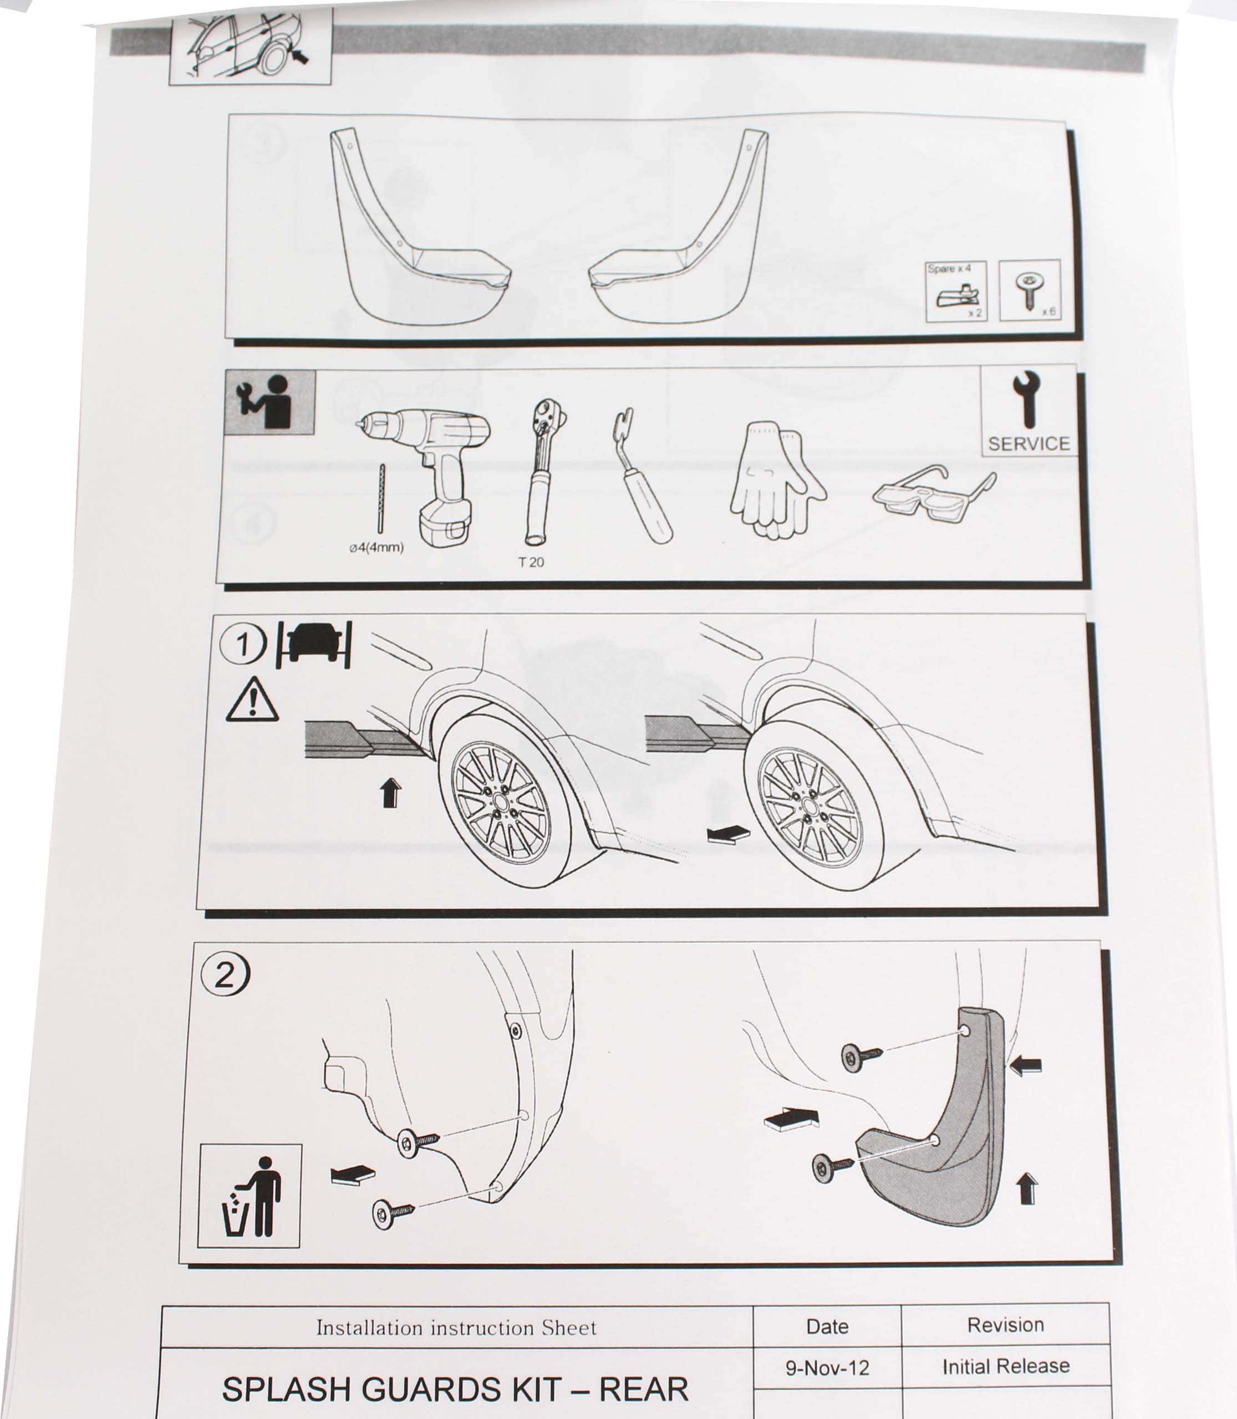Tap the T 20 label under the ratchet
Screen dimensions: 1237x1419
tap(531, 562)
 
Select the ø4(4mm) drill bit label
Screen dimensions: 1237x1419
tap(376, 547)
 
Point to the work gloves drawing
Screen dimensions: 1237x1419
tap(777, 481)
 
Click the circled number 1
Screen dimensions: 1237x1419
tap(242, 644)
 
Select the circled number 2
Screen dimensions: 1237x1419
tap(225, 974)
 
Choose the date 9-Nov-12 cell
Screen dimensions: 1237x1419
tap(827, 1367)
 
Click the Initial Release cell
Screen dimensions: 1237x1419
tap(1006, 1366)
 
